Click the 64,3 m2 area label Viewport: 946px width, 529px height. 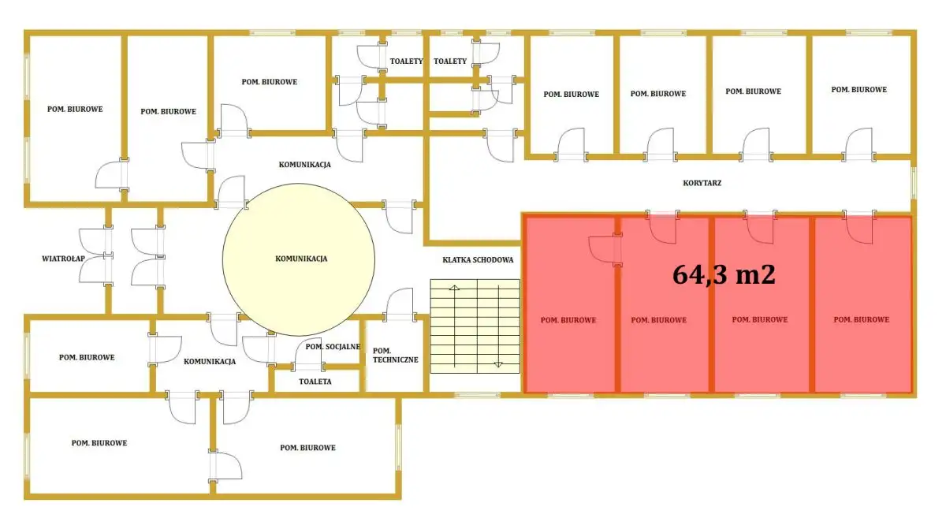point(724,275)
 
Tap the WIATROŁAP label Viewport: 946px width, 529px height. point(63,259)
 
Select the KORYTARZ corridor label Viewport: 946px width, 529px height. point(702,183)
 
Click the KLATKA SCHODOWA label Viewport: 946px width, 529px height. point(478,259)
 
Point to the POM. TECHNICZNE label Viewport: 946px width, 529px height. point(395,356)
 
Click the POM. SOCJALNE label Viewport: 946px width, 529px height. point(333,347)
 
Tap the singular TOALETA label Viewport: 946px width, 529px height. point(315,382)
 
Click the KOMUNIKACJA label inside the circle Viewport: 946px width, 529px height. point(301,259)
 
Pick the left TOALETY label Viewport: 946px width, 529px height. point(406,61)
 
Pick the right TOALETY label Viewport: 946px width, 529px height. point(450,61)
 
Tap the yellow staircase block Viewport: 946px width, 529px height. point(475,326)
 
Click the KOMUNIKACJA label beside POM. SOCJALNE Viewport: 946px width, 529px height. point(210,361)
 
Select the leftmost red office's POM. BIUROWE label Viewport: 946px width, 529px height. point(568,320)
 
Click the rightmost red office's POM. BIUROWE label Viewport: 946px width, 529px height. point(862,319)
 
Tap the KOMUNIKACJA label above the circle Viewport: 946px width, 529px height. point(304,165)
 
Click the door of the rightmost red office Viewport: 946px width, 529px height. point(859,227)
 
